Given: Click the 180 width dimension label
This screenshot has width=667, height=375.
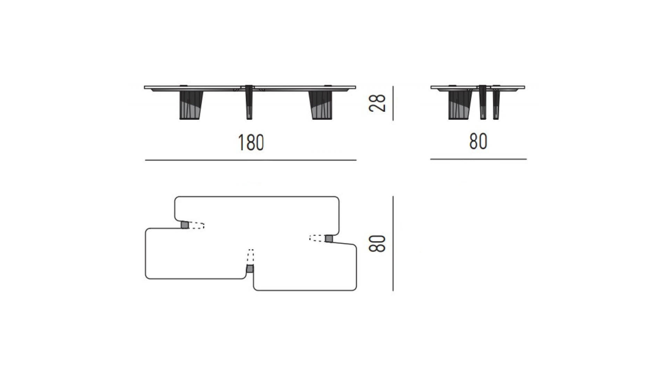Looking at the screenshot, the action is [x=251, y=142].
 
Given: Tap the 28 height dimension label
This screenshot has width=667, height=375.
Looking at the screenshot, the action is [x=377, y=103].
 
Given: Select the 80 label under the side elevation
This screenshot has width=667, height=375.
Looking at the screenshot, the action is [x=478, y=141].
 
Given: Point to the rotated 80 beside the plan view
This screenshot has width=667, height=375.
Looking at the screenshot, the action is [x=377, y=243].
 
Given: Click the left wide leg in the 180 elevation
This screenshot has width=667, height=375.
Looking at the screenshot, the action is [x=190, y=105].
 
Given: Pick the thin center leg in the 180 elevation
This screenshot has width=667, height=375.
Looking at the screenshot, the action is [x=249, y=102].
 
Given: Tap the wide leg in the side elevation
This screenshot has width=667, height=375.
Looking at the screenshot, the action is [x=460, y=105].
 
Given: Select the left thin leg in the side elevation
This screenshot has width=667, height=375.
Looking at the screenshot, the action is [x=483, y=102].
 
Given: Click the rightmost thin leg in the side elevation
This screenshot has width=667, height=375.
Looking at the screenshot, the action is [x=496, y=103].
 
